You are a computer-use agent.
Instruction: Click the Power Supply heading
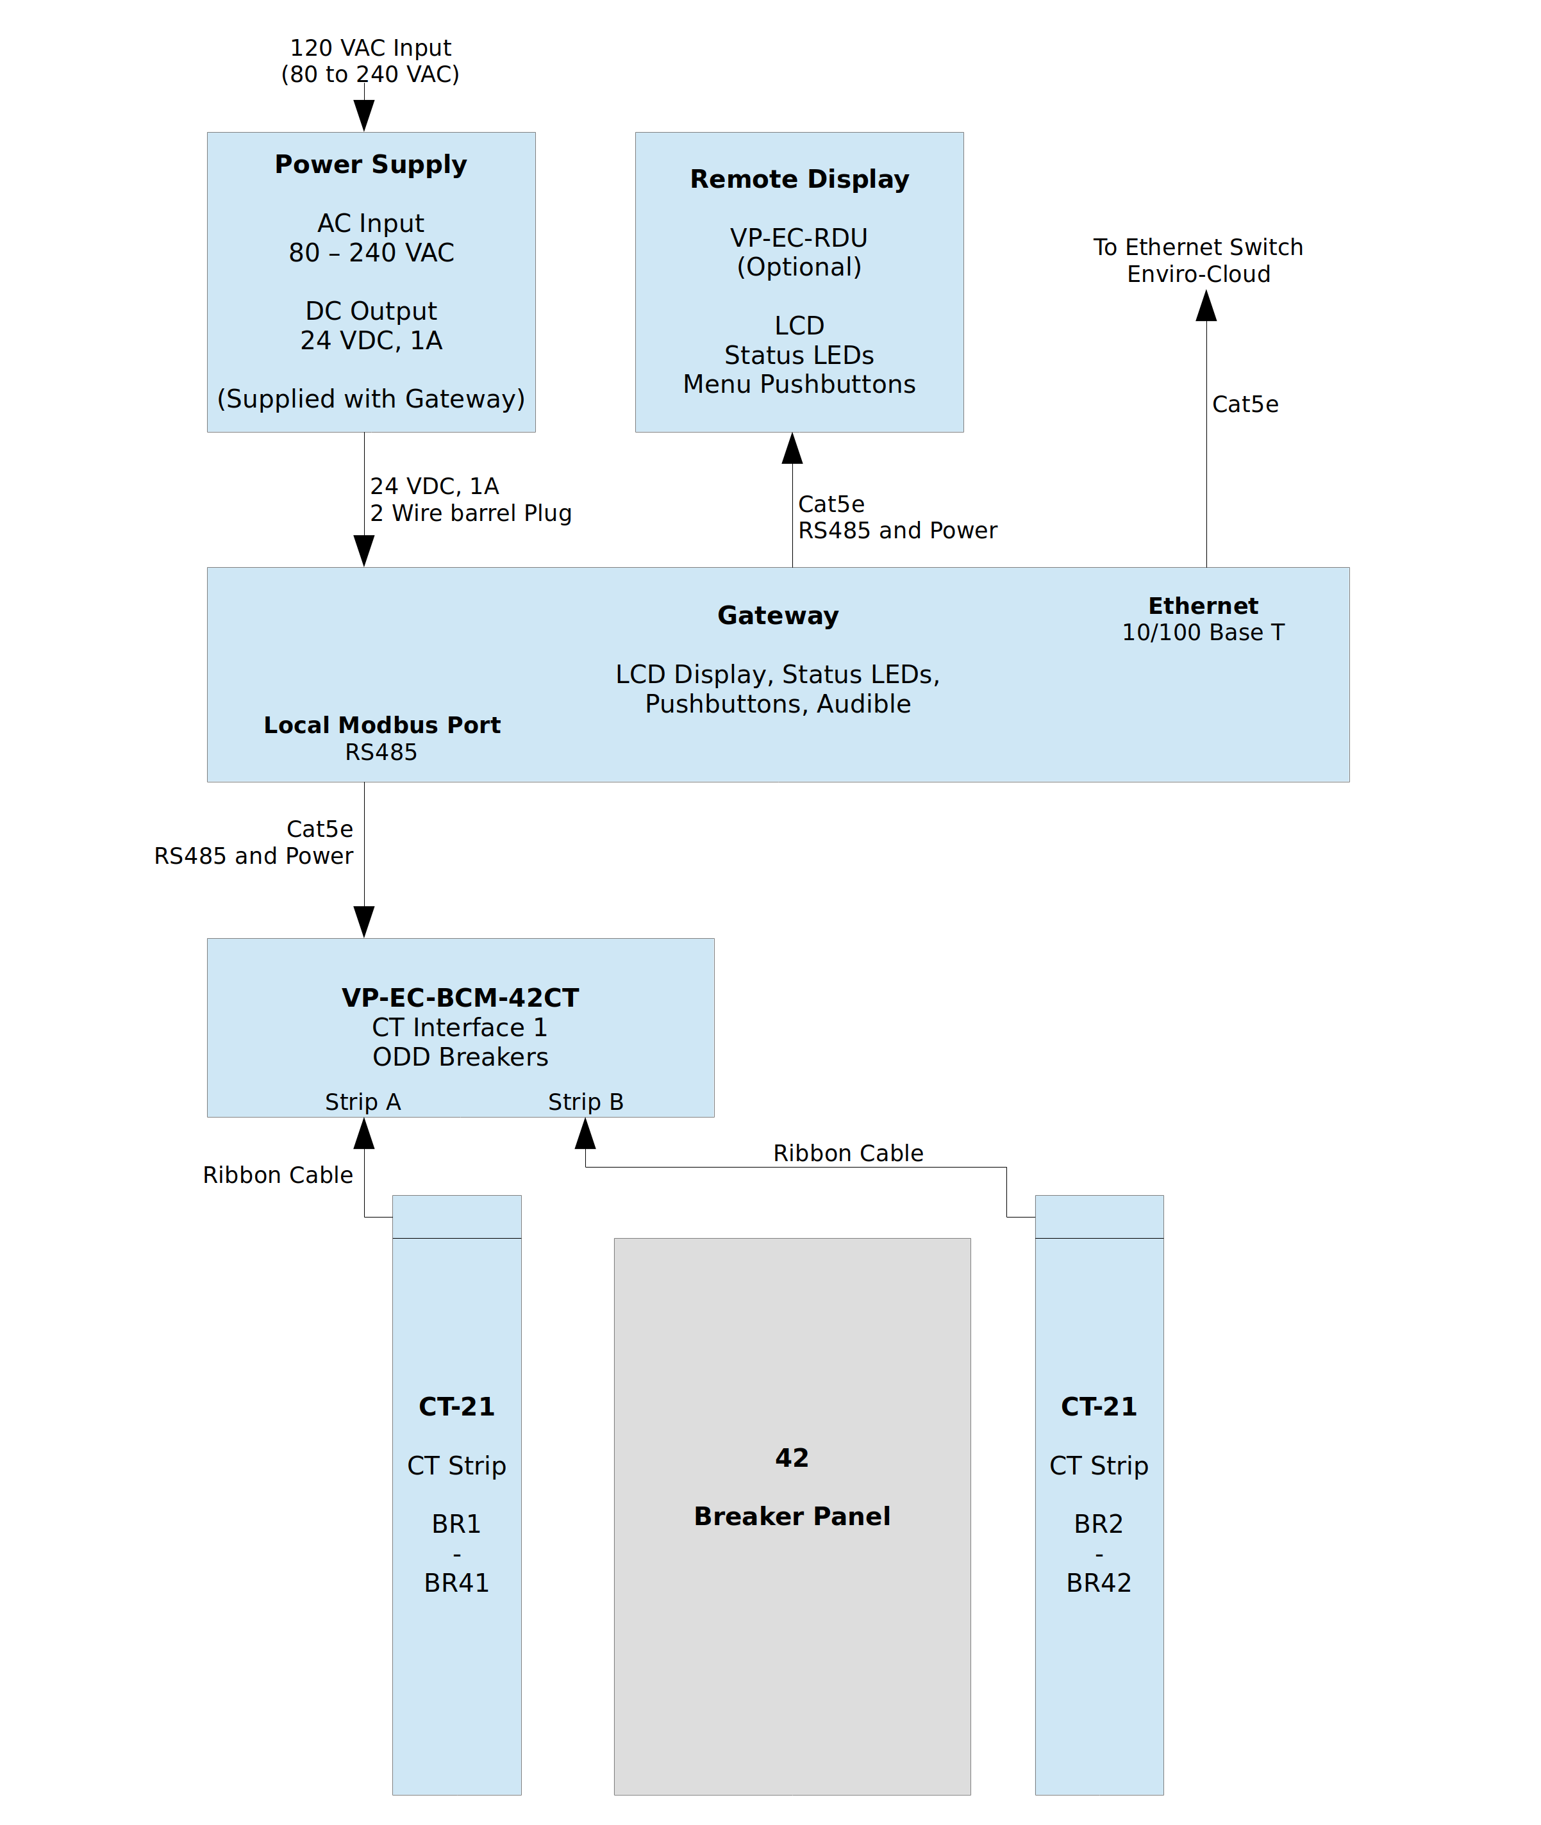point(371,164)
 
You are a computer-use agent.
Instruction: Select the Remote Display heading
point(799,179)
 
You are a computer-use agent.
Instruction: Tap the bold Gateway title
point(778,616)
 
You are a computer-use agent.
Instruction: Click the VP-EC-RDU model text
point(799,238)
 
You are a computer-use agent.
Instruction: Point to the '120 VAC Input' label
point(371,48)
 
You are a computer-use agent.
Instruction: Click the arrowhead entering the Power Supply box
point(364,115)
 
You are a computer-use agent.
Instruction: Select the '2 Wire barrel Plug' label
point(471,513)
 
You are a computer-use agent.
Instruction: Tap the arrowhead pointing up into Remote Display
point(792,449)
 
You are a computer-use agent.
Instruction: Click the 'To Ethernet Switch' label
point(1197,247)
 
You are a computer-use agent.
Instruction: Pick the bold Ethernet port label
point(1203,606)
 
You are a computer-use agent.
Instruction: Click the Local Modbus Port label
point(382,725)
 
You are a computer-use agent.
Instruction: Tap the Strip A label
point(363,1102)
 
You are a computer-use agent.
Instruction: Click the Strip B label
point(585,1102)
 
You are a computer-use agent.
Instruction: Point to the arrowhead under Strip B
point(585,1134)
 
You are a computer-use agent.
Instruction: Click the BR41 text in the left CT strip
point(456,1583)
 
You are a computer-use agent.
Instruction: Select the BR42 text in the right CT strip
point(1098,1583)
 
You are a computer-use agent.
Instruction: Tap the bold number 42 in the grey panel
point(792,1457)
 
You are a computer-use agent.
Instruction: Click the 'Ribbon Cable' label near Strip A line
point(278,1175)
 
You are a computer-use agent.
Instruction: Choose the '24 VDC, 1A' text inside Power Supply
point(371,340)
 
